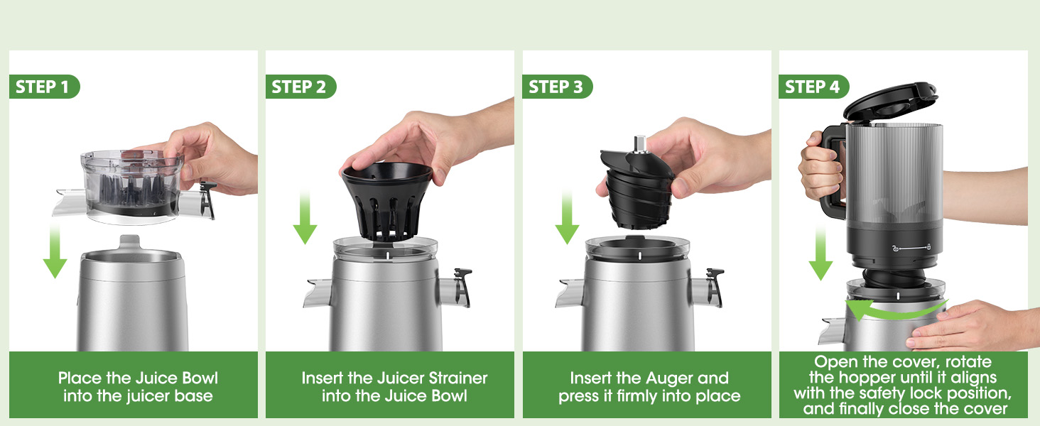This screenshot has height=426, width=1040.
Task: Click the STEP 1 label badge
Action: [x=44, y=87]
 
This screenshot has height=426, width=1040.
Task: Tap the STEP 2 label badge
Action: [x=300, y=87]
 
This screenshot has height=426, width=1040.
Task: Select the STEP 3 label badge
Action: [x=557, y=87]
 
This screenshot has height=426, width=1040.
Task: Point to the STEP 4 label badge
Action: [x=813, y=87]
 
